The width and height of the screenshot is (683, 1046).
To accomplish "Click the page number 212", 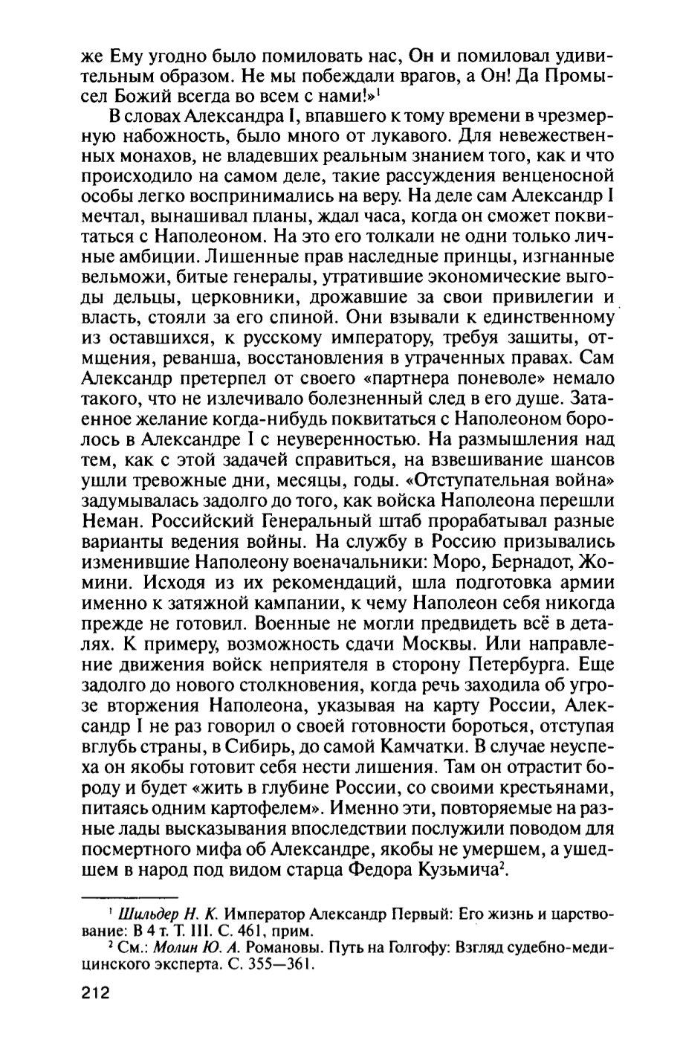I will pyautogui.click(x=93, y=992).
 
